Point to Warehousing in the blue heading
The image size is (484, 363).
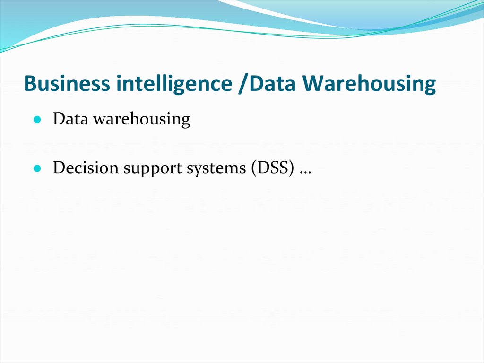(369, 84)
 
